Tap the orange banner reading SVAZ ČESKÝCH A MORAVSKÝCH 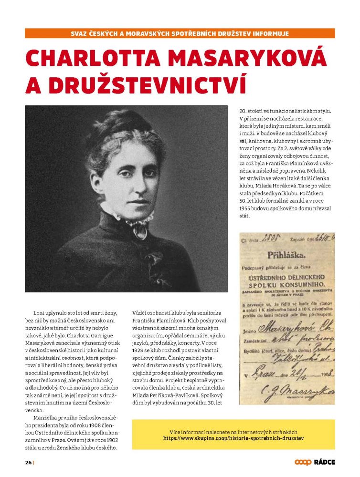180,33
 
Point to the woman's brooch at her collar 140,231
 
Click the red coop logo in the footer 303,462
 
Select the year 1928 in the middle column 140,357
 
